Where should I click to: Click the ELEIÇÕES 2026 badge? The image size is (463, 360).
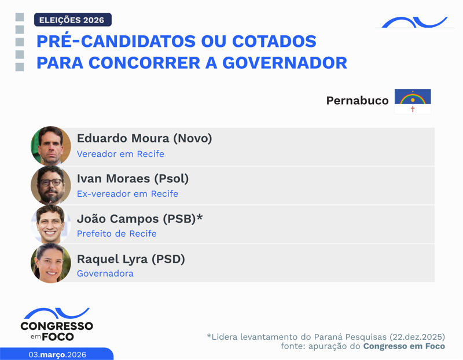[x=72, y=20]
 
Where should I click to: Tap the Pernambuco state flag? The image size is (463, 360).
[x=413, y=101]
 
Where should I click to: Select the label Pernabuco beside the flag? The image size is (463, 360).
[x=357, y=101]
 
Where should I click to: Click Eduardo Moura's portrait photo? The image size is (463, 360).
[x=51, y=146]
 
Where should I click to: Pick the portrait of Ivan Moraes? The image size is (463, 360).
[x=51, y=185]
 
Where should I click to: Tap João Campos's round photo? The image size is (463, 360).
[x=51, y=225]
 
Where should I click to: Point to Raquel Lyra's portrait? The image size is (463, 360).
[x=51, y=263]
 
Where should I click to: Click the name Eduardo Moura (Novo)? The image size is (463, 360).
[x=144, y=139]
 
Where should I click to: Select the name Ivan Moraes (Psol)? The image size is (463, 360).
[x=133, y=178]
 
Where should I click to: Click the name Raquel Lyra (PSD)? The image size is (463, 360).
[x=131, y=259]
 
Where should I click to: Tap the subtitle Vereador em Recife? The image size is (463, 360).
[x=120, y=154]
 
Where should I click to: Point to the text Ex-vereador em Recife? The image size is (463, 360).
[x=127, y=194]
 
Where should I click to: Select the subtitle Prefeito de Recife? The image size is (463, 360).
[x=116, y=234]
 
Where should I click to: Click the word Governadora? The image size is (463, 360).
[x=105, y=273]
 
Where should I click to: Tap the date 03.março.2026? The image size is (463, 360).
[x=57, y=354]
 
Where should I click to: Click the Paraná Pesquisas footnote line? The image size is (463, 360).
[x=326, y=336]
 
